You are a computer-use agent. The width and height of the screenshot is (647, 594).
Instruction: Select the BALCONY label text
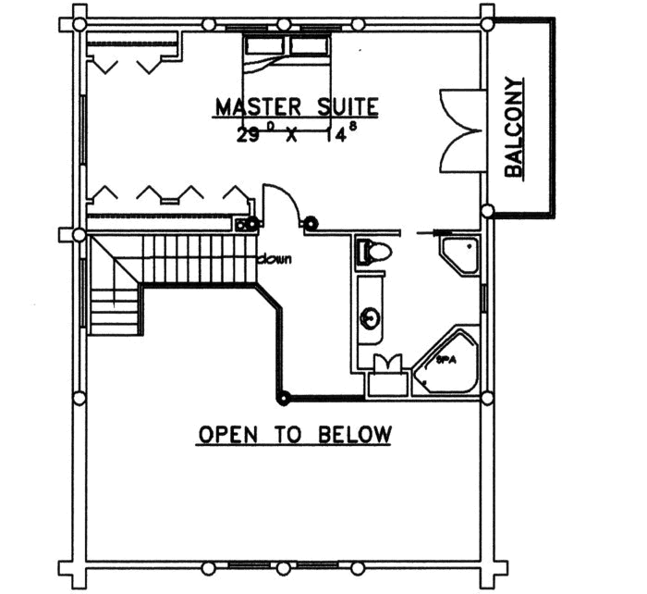pos(515,127)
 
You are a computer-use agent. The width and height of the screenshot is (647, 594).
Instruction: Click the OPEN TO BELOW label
pos(295,434)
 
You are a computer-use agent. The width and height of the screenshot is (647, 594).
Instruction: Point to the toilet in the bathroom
pos(375,252)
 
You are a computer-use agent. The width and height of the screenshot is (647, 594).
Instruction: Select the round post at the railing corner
pos(284,399)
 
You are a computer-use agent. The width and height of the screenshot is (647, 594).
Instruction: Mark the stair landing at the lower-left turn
pos(114,310)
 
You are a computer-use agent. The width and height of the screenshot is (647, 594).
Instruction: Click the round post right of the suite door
pos(311,222)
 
